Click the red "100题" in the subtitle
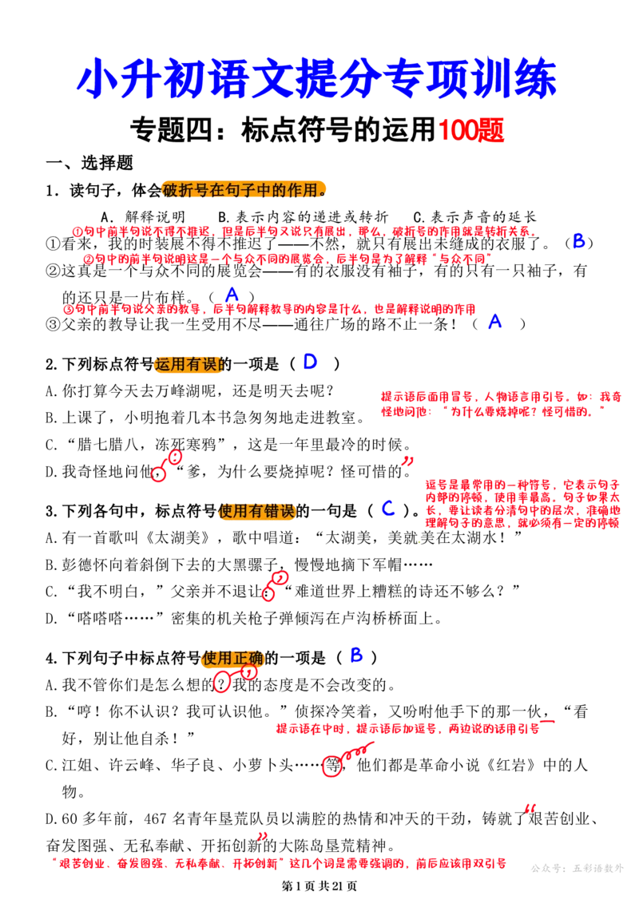pyautogui.click(x=471, y=129)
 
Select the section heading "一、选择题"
pyautogui.click(x=90, y=163)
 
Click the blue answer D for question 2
pyautogui.click(x=310, y=362)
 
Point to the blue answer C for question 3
pyautogui.click(x=388, y=509)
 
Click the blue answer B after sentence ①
pyautogui.click(x=579, y=241)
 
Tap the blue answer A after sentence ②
pyautogui.click(x=232, y=295)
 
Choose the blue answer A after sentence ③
pyautogui.click(x=495, y=321)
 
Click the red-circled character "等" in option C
pyautogui.click(x=332, y=766)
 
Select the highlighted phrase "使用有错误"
pyautogui.click(x=256, y=511)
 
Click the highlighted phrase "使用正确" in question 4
pyautogui.click(x=232, y=657)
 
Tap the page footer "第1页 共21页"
pyautogui.click(x=319, y=886)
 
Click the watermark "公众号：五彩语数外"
pyautogui.click(x=577, y=868)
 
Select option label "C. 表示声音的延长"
pyautogui.click(x=474, y=216)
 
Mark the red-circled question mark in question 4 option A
pyautogui.click(x=221, y=684)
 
